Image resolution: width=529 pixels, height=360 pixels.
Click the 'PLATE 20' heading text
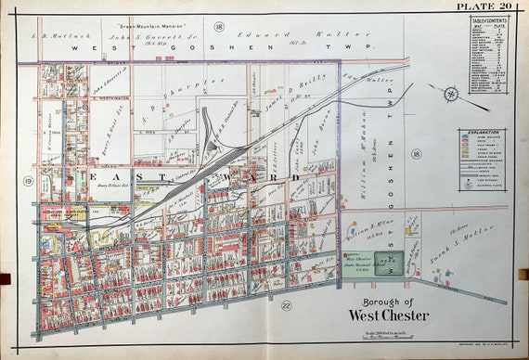(x=485, y=8)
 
